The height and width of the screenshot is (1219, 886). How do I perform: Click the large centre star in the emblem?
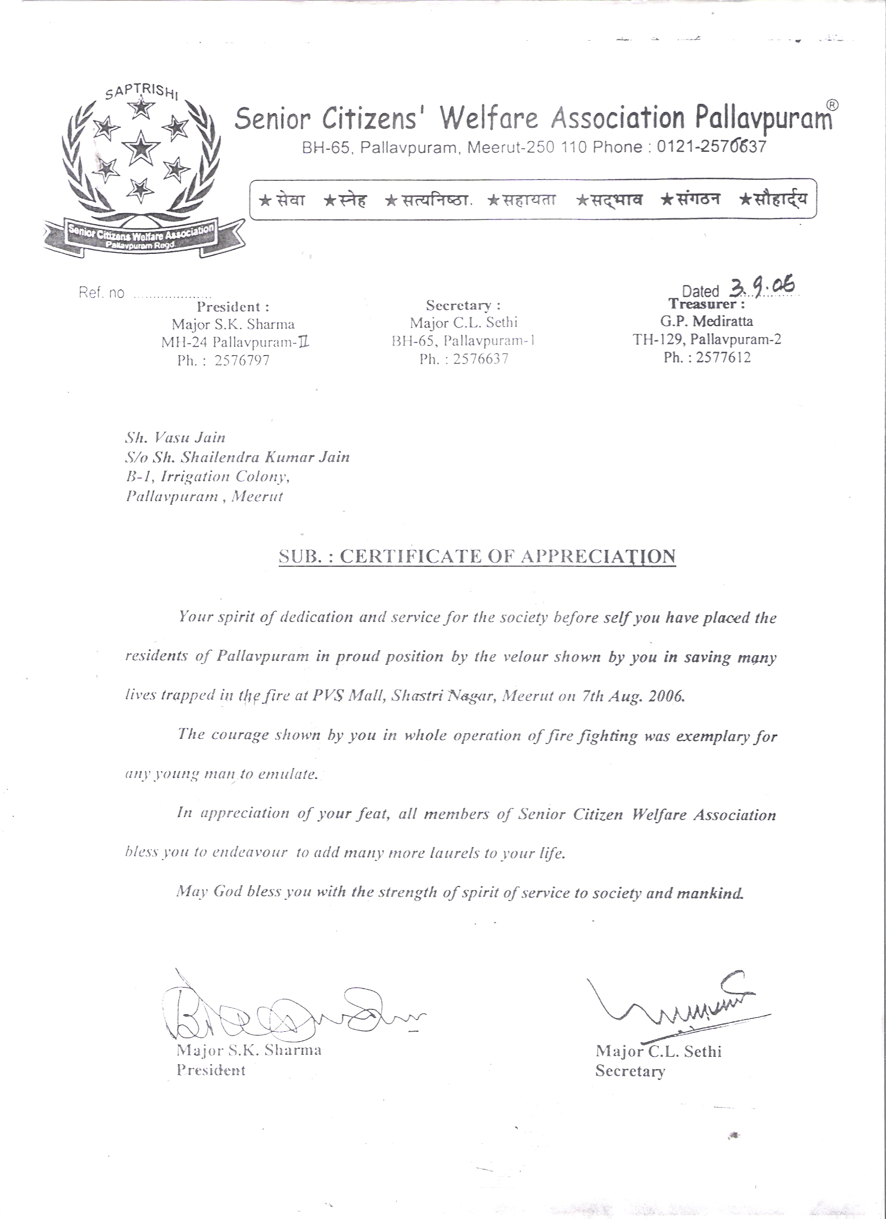click(141, 146)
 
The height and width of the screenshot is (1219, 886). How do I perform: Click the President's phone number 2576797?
click(242, 360)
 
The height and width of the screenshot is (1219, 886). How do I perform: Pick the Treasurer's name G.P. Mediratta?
click(707, 321)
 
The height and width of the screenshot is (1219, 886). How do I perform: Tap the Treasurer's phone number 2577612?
click(723, 358)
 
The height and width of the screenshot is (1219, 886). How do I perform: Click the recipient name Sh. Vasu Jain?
click(175, 437)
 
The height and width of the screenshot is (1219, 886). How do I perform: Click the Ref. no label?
click(101, 293)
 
